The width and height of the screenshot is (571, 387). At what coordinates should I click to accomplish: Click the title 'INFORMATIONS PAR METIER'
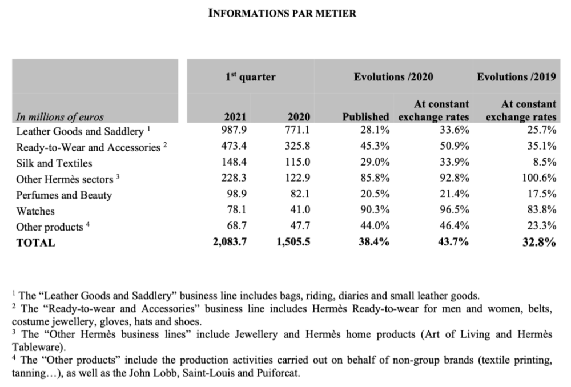click(x=282, y=13)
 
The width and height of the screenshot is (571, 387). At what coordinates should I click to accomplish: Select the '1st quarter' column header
click(x=250, y=77)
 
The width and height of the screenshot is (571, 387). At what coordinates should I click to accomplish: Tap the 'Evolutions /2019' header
click(x=516, y=77)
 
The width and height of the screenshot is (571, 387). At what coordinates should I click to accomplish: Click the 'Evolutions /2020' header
click(x=393, y=77)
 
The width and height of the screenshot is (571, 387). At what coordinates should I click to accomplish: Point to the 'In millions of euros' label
click(x=60, y=118)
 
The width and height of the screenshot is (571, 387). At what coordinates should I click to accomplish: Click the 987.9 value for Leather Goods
click(x=235, y=131)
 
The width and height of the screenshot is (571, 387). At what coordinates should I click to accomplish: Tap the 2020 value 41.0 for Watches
click(x=300, y=211)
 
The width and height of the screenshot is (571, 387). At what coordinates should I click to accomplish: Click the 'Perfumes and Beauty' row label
click(x=64, y=195)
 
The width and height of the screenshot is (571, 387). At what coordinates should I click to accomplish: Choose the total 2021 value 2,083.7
click(x=230, y=242)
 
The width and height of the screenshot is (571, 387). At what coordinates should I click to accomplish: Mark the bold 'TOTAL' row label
click(x=36, y=243)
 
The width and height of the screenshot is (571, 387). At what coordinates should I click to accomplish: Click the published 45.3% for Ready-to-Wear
click(x=375, y=147)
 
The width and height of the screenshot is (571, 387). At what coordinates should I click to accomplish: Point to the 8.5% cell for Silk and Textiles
click(x=544, y=163)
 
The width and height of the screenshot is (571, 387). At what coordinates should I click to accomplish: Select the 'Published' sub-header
click(x=366, y=118)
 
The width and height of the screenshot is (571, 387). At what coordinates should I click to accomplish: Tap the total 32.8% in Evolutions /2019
click(x=540, y=242)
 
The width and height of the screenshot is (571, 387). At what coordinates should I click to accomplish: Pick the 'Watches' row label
click(x=35, y=211)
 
